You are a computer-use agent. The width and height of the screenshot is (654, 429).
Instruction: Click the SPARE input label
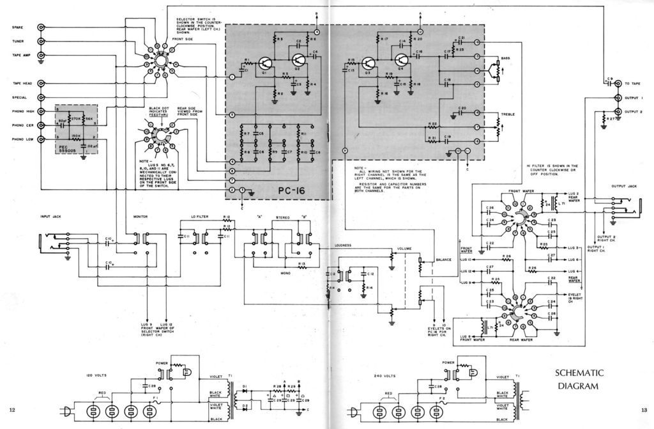(x=18, y=27)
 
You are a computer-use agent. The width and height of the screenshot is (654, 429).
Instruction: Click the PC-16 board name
(x=295, y=191)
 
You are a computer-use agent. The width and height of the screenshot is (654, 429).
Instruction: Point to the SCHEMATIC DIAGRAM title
(x=579, y=379)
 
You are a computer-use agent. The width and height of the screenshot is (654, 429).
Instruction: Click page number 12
(x=12, y=409)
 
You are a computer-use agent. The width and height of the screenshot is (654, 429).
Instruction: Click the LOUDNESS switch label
(x=344, y=244)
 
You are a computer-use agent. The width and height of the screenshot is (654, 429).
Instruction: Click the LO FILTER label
(x=199, y=217)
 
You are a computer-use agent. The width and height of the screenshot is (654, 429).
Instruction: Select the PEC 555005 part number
(x=66, y=149)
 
